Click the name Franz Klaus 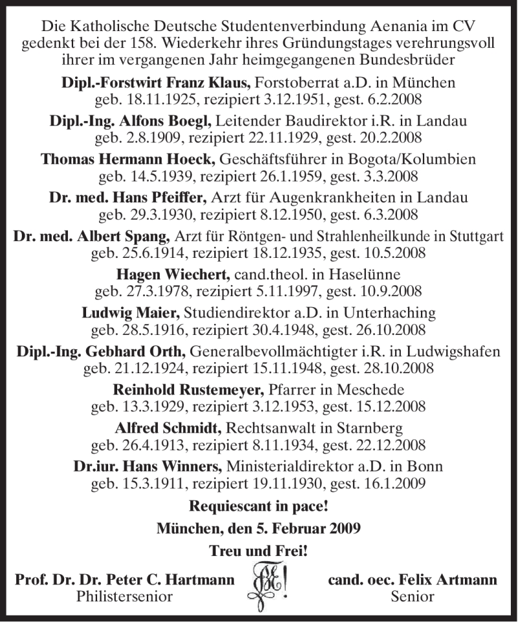(218, 83)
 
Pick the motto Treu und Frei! (258, 551)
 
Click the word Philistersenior (124, 597)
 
